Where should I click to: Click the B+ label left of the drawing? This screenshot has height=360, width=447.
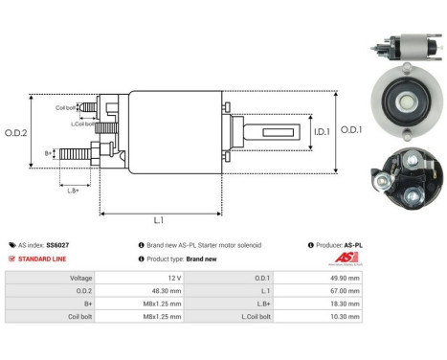tap(49, 152)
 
